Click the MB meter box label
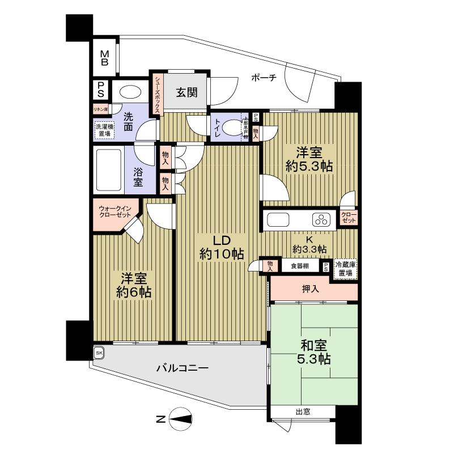pyautogui.click(x=105, y=58)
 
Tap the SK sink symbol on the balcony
pyautogui.click(x=99, y=353)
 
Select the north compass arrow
pyautogui.click(x=180, y=419)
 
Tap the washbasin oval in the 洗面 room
pyautogui.click(x=131, y=93)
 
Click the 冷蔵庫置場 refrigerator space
pyautogui.click(x=346, y=268)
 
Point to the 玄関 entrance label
pyautogui.click(x=186, y=93)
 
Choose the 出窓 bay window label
pyautogui.click(x=302, y=411)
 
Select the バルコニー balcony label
pyautogui.click(x=183, y=368)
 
